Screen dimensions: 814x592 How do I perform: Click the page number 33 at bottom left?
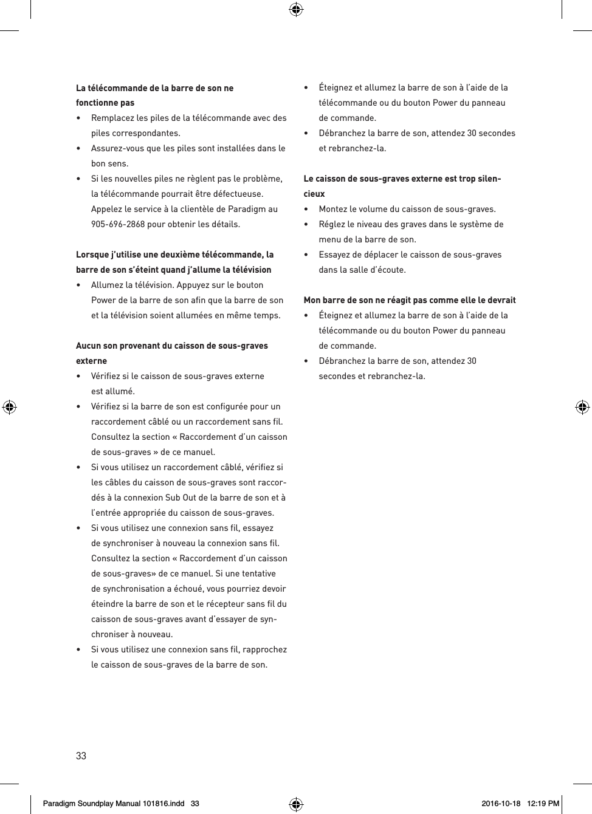point(81,756)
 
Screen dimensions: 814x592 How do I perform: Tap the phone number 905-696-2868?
point(118,224)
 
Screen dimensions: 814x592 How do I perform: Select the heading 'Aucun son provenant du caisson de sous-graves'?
point(171,346)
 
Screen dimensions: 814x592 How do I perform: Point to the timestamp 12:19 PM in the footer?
point(543,803)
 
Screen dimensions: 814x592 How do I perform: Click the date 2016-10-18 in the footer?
point(501,803)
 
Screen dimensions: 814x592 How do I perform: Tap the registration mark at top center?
point(296,9)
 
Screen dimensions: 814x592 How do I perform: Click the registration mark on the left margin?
point(9,407)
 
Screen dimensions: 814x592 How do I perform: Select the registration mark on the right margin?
point(582,407)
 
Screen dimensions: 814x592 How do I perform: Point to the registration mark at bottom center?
point(296,804)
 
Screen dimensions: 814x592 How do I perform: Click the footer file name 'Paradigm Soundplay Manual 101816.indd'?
point(114,803)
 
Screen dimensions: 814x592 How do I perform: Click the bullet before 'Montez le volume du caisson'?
point(307,209)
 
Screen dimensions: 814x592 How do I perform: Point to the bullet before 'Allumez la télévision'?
point(79,285)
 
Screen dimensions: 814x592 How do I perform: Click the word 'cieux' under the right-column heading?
point(314,194)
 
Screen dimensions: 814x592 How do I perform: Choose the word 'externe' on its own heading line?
point(91,361)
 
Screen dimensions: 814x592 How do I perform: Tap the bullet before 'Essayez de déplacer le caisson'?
point(307,255)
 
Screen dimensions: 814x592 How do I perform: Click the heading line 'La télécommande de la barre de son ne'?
point(154,88)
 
